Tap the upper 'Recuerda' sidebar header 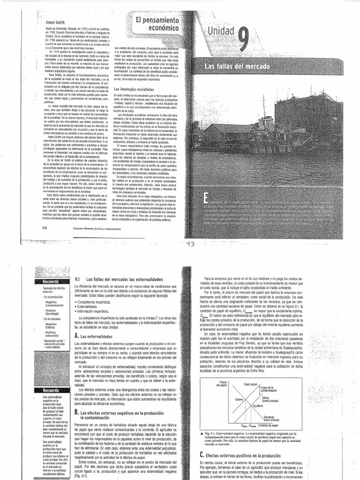[x=49, y=282]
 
